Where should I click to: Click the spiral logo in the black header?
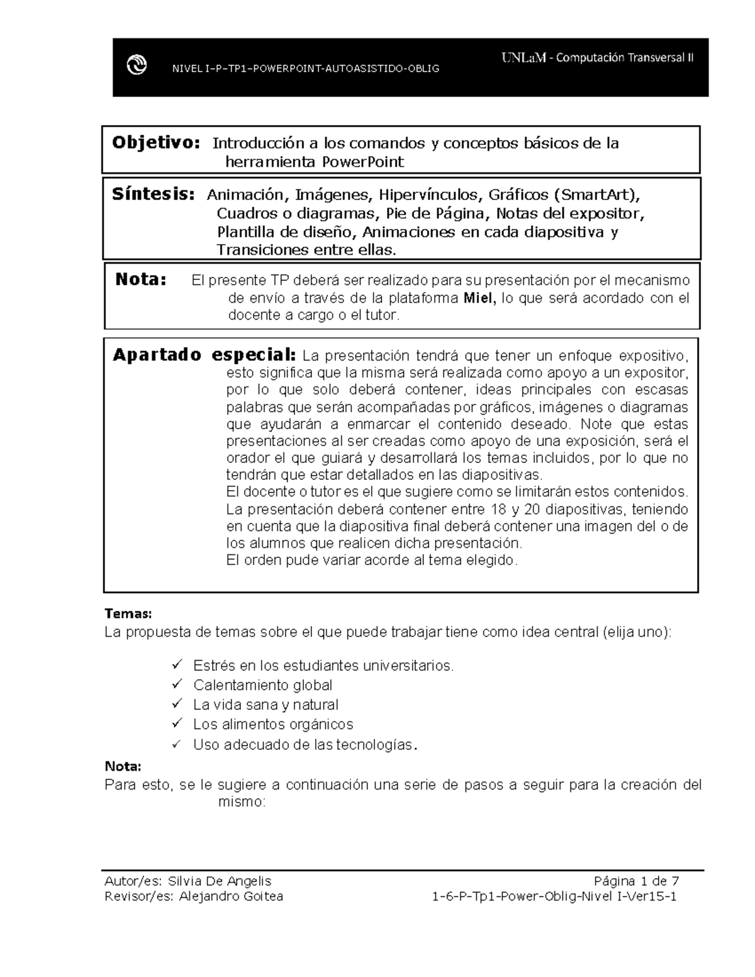[x=137, y=65]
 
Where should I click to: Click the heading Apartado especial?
[x=203, y=355]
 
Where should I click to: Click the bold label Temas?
[x=128, y=613]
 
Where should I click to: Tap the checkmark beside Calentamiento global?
[x=177, y=684]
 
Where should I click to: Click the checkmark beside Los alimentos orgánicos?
[x=177, y=723]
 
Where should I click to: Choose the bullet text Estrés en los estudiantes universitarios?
[x=323, y=666]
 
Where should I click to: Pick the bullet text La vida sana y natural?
[x=266, y=705]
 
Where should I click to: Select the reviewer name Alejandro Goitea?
[x=231, y=896]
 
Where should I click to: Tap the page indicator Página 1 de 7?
[x=635, y=881]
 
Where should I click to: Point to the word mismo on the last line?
[x=242, y=802]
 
